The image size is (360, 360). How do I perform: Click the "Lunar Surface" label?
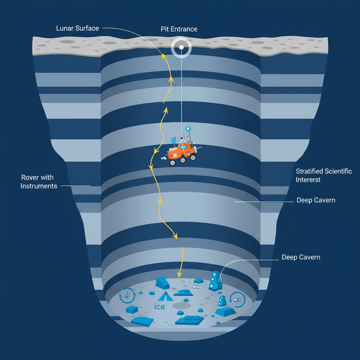[x=77, y=28]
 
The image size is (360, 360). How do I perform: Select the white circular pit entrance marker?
[x=181, y=47]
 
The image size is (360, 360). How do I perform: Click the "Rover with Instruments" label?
[x=39, y=182]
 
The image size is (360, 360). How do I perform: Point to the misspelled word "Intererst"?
[x=308, y=180]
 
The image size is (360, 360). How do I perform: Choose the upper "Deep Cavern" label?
[x=316, y=200]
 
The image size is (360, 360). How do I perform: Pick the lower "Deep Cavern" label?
[x=301, y=257]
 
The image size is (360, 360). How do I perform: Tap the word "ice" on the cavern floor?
[x=160, y=307]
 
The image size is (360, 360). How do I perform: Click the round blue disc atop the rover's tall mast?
[x=188, y=129]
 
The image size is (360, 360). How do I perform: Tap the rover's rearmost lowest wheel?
[x=172, y=163]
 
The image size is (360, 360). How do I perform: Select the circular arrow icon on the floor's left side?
[x=127, y=295]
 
